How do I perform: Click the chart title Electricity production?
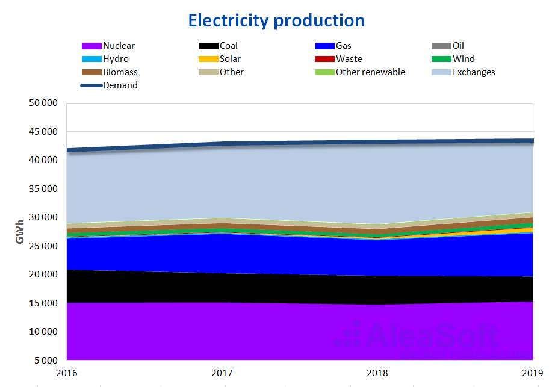(x=276, y=20)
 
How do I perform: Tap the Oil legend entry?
(x=458, y=46)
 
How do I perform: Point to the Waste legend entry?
(x=349, y=59)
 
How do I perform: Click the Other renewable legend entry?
(x=370, y=72)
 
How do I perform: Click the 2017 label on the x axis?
(x=222, y=372)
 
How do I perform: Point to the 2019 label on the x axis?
(x=533, y=372)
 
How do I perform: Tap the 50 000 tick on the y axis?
(x=43, y=103)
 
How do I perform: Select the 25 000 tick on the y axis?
(x=43, y=246)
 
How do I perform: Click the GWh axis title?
(x=20, y=232)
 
